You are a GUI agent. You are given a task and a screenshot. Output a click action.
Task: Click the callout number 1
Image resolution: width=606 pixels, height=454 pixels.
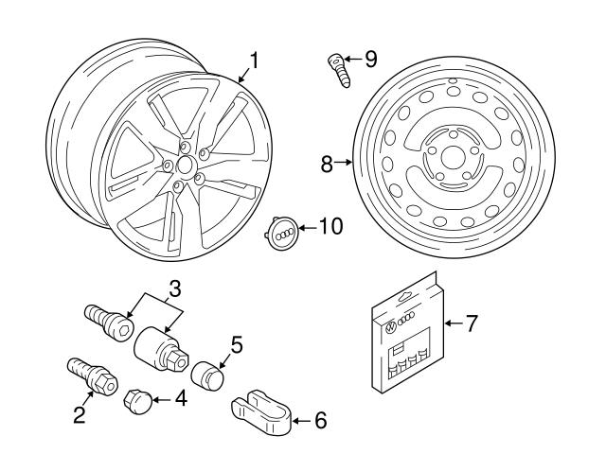pyautogui.click(x=252, y=63)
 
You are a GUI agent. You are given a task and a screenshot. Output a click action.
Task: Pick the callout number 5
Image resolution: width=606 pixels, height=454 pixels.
pyautogui.click(x=236, y=345)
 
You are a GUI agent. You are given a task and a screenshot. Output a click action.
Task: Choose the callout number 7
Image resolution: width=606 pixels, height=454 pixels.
pyautogui.click(x=471, y=323)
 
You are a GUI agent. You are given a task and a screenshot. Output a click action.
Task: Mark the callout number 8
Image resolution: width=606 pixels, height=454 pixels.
pyautogui.click(x=327, y=164)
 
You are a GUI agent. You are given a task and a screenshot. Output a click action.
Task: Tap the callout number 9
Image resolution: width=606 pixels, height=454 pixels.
pyautogui.click(x=369, y=60)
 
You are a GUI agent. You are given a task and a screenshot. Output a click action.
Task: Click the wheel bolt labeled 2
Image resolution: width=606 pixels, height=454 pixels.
pyautogui.click(x=89, y=375)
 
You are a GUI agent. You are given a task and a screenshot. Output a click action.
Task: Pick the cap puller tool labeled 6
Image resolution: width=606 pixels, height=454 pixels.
pyautogui.click(x=264, y=412)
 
